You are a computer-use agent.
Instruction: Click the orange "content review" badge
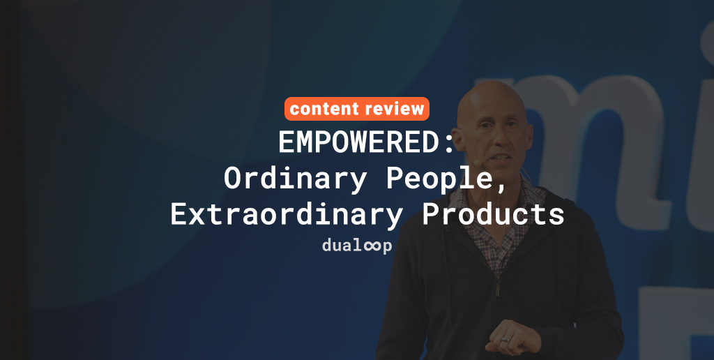click(356, 109)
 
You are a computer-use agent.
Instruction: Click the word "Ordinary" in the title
click(296, 179)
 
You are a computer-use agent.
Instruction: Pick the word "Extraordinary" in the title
click(287, 214)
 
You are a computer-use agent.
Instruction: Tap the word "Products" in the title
click(494, 214)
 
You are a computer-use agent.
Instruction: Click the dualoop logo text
click(356, 246)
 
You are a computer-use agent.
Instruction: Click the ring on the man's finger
click(505, 340)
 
